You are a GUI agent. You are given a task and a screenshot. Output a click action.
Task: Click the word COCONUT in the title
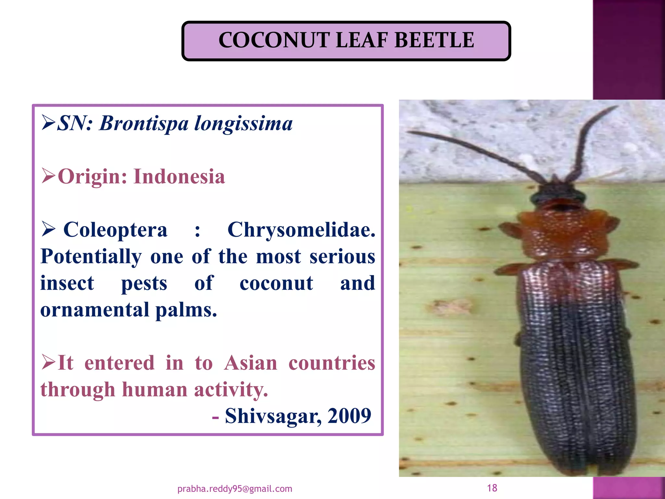tap(274, 40)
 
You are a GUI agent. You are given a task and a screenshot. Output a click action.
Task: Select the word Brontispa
tap(144, 123)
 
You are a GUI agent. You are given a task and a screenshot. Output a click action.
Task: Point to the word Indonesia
tap(179, 177)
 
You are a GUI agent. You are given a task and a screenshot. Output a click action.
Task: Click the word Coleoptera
tap(115, 230)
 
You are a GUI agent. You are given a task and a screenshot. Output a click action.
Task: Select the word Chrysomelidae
tap(301, 230)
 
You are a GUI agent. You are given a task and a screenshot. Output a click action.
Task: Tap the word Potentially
tap(91, 257)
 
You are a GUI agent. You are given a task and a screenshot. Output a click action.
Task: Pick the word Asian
tap(250, 363)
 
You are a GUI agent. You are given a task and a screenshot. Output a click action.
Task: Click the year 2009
tap(349, 416)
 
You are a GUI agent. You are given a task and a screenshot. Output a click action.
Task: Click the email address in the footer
tap(235, 489)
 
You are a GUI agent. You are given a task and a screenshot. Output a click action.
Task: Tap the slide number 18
tap(492, 488)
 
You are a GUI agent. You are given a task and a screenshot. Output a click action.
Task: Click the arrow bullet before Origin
tap(48, 176)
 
